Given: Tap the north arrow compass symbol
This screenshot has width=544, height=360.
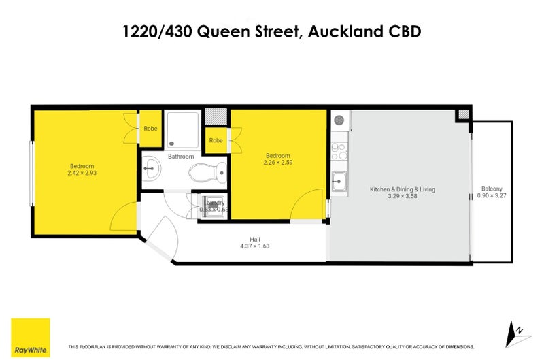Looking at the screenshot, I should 517,331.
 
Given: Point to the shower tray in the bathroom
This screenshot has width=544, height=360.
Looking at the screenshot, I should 182,129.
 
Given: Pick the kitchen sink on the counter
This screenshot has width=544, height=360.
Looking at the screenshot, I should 339,182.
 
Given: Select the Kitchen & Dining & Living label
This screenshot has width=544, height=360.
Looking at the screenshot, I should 402,189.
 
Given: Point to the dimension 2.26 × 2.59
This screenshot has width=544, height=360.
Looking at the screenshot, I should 277,163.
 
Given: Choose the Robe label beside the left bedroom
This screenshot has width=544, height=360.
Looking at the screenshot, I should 150,128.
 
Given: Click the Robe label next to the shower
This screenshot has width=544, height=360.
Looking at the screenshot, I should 216,141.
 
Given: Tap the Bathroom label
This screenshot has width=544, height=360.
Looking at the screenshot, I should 181,157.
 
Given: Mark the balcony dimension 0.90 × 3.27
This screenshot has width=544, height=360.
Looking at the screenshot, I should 491,196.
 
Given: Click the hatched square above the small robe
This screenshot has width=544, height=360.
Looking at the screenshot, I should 216,117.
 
